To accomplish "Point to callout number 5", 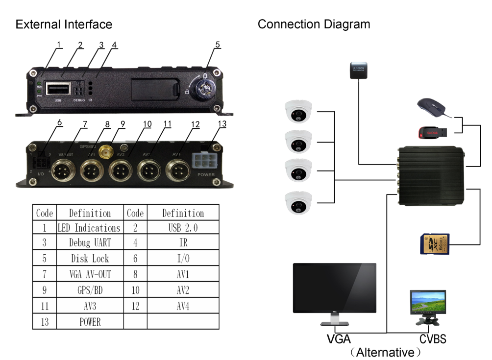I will point(217,45).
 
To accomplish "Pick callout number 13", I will point(222,124).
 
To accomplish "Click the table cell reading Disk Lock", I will point(90,258).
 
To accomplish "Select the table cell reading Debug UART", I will point(90,242).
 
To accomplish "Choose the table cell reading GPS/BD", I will point(90,290).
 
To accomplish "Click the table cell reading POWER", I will point(90,322).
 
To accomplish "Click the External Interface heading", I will point(64,24).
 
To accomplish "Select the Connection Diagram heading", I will point(314,24).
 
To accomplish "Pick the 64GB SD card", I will point(436,244).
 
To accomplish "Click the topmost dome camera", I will point(299,112).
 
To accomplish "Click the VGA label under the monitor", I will point(339,338).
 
